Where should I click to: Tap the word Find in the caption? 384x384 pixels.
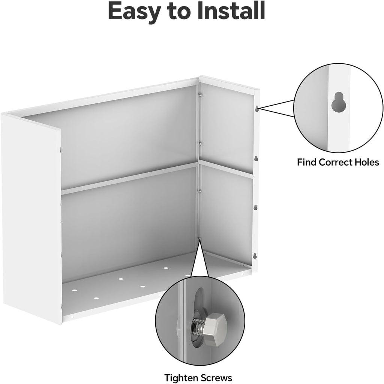307,162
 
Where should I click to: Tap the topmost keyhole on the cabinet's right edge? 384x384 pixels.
256,109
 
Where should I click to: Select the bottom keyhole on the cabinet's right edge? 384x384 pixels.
255,256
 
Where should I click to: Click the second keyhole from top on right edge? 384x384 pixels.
256,158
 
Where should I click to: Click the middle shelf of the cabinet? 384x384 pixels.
129,179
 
